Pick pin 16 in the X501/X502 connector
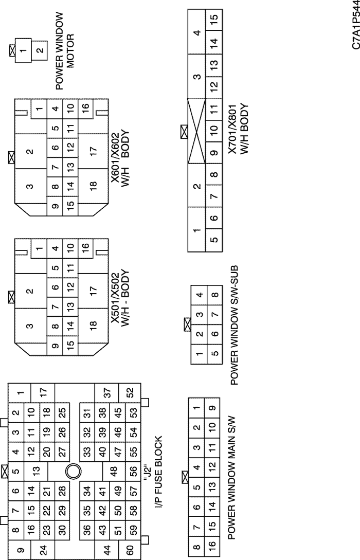tap(85, 246)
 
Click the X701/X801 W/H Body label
tap(239, 129)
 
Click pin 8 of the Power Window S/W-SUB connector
tap(214, 295)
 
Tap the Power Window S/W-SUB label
tap(234, 325)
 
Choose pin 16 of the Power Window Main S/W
tap(212, 546)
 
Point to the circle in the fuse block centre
tap(74, 472)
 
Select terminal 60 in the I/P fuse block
tap(130, 549)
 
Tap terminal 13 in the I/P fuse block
tap(35, 471)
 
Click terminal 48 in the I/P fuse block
tap(114, 472)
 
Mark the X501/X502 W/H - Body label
tap(120, 298)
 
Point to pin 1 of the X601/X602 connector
tap(39, 109)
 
